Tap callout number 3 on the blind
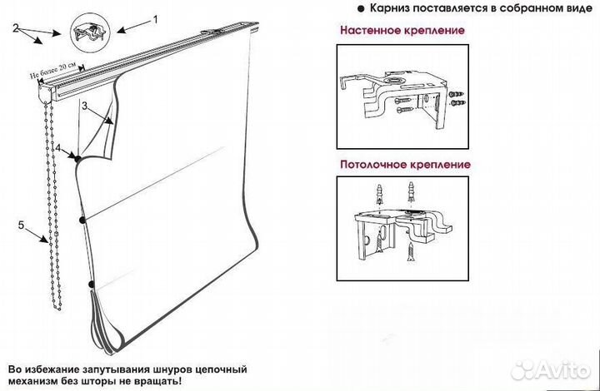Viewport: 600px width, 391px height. pos(85,106)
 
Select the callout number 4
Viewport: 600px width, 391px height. pos(58,148)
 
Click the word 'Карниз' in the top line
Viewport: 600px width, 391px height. pos(378,8)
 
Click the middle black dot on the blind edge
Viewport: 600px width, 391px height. pos(82,219)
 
